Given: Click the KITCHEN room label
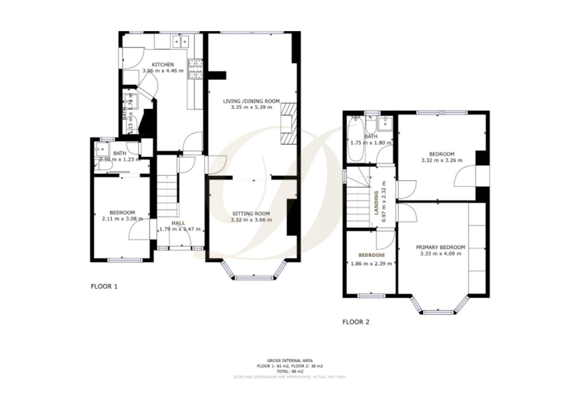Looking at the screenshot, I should pos(163,64).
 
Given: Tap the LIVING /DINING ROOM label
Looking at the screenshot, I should pos(251,101).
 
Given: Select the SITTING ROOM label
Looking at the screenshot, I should pos(251,214).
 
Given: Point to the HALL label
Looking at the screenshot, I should pos(178,223).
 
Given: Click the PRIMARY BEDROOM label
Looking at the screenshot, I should pos(440,247).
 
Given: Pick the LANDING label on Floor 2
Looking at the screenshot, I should pos(376,202).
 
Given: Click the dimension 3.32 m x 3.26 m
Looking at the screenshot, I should pos(442,160).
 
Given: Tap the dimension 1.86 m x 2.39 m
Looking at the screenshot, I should pos(371,263).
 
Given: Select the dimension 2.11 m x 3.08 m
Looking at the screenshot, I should pos(122,219).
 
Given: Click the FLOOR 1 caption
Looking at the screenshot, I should pos(104,286).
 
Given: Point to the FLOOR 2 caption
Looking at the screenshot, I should pos(356,322).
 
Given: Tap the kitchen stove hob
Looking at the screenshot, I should pos(195,69).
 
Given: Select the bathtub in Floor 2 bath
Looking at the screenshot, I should pos(355,139).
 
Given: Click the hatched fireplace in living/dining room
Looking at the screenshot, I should pos(288,123).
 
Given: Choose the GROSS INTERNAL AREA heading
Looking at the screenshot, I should pos(290,361).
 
